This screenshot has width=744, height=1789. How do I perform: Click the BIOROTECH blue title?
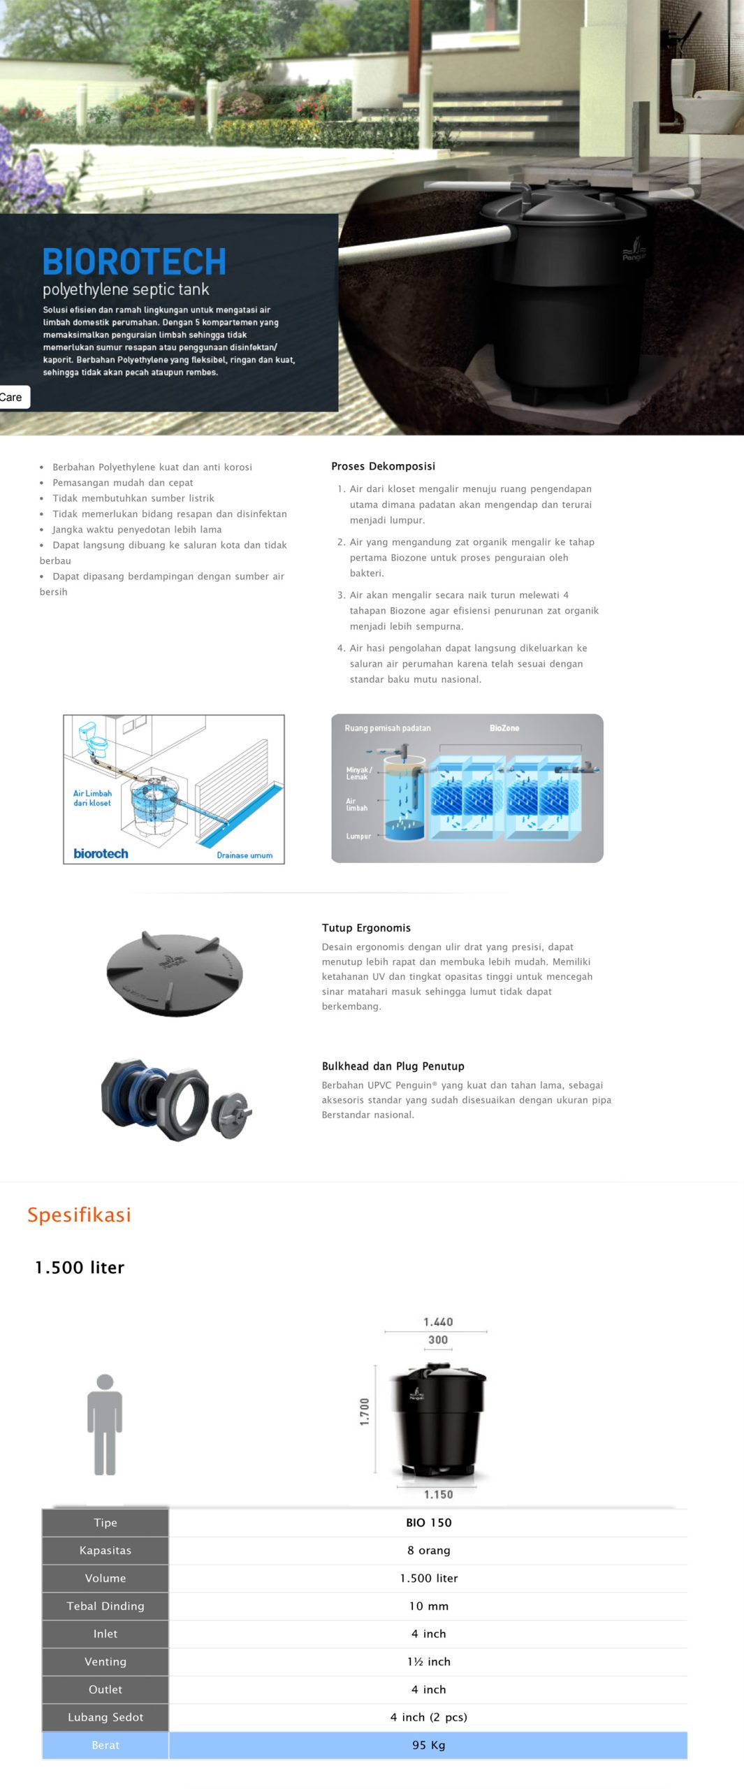134,262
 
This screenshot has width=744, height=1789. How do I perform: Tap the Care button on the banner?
13,397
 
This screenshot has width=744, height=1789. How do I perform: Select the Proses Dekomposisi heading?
383,466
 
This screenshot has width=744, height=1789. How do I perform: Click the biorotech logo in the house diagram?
101,853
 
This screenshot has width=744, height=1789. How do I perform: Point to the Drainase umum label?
245,855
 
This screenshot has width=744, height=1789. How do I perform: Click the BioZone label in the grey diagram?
504,728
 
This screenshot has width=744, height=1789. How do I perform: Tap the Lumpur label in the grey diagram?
358,836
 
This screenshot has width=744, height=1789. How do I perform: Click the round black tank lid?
175,972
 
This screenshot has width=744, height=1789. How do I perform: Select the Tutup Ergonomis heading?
366,928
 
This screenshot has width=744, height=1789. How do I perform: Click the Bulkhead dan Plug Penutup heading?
393,1066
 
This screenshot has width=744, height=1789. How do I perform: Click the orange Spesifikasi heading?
79,1215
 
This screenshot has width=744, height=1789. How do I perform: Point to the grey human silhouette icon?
105,1425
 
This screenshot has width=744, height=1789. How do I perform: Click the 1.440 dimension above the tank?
438,1321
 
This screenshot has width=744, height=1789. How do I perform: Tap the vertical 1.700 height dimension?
364,1412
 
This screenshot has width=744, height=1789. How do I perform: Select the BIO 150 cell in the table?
428,1523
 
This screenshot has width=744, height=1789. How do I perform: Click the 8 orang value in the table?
428,1551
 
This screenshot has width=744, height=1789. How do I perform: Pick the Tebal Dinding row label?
105,1606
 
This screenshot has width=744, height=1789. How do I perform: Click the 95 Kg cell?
428,1745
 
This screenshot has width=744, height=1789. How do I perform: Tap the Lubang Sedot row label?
105,1717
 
